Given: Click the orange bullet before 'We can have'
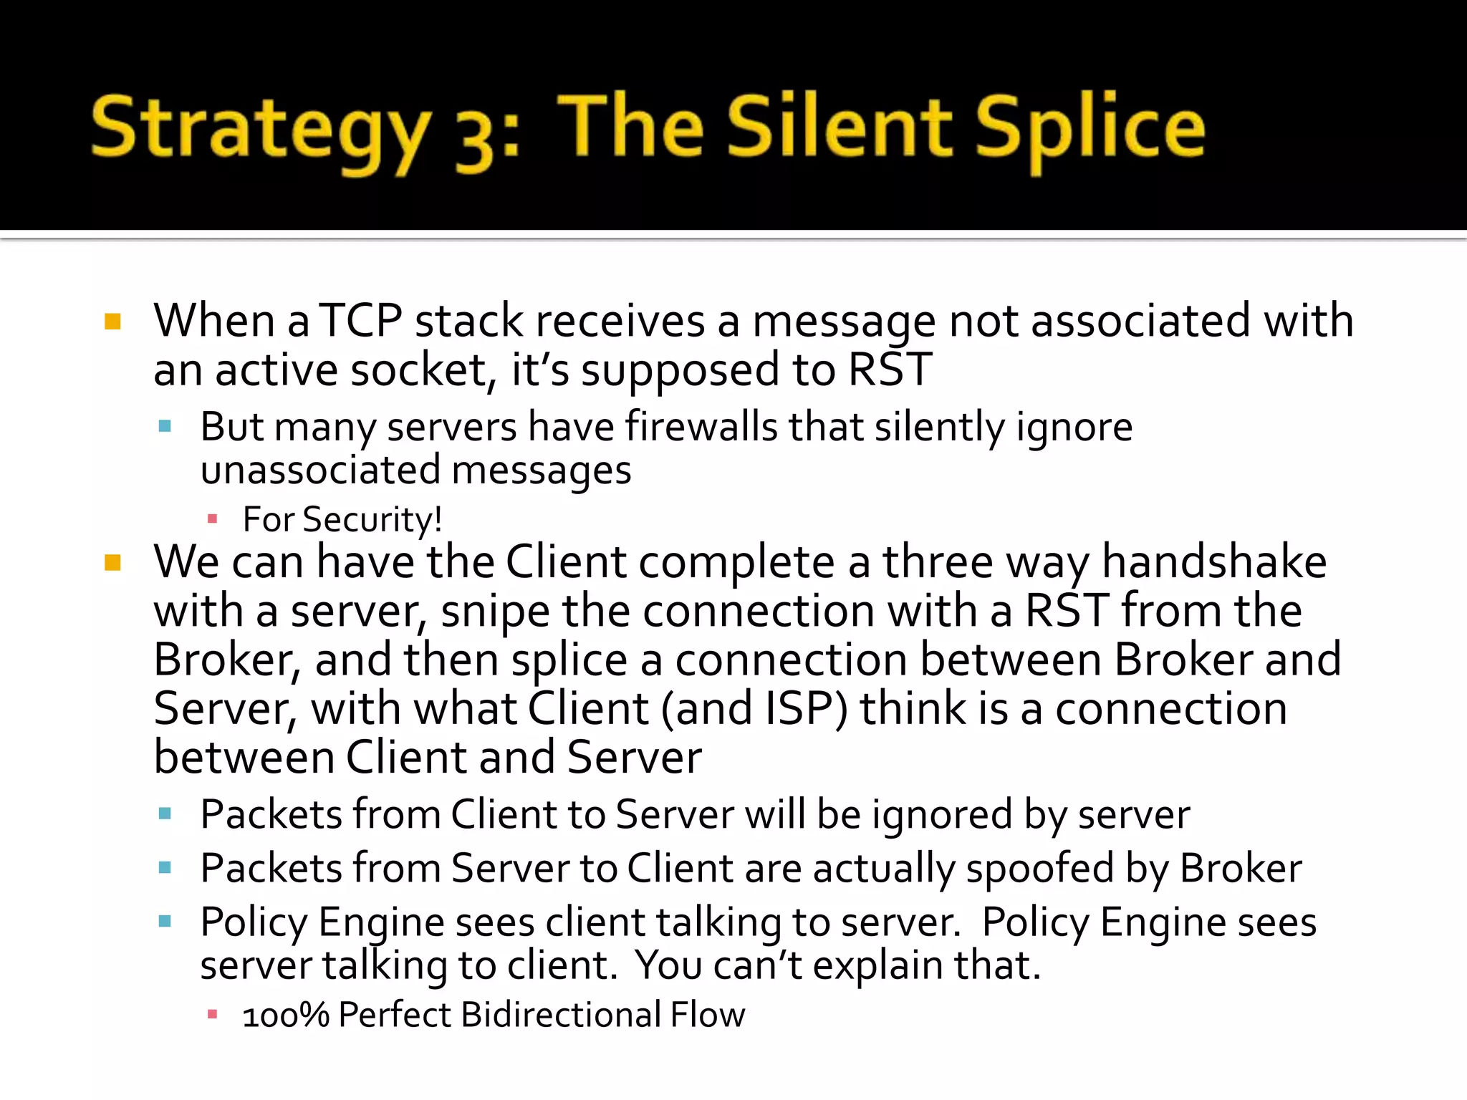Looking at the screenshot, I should tap(112, 562).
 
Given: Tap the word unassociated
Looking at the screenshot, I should tap(320, 471).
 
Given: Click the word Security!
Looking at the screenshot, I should tap(372, 519).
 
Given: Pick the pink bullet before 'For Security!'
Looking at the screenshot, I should tap(212, 518).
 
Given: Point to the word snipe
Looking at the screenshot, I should tap(494, 612).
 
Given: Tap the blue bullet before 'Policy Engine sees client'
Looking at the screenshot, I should tap(165, 921).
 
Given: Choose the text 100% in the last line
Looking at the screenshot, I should tap(285, 1015).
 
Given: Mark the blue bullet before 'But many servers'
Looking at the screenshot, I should tap(165, 427).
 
